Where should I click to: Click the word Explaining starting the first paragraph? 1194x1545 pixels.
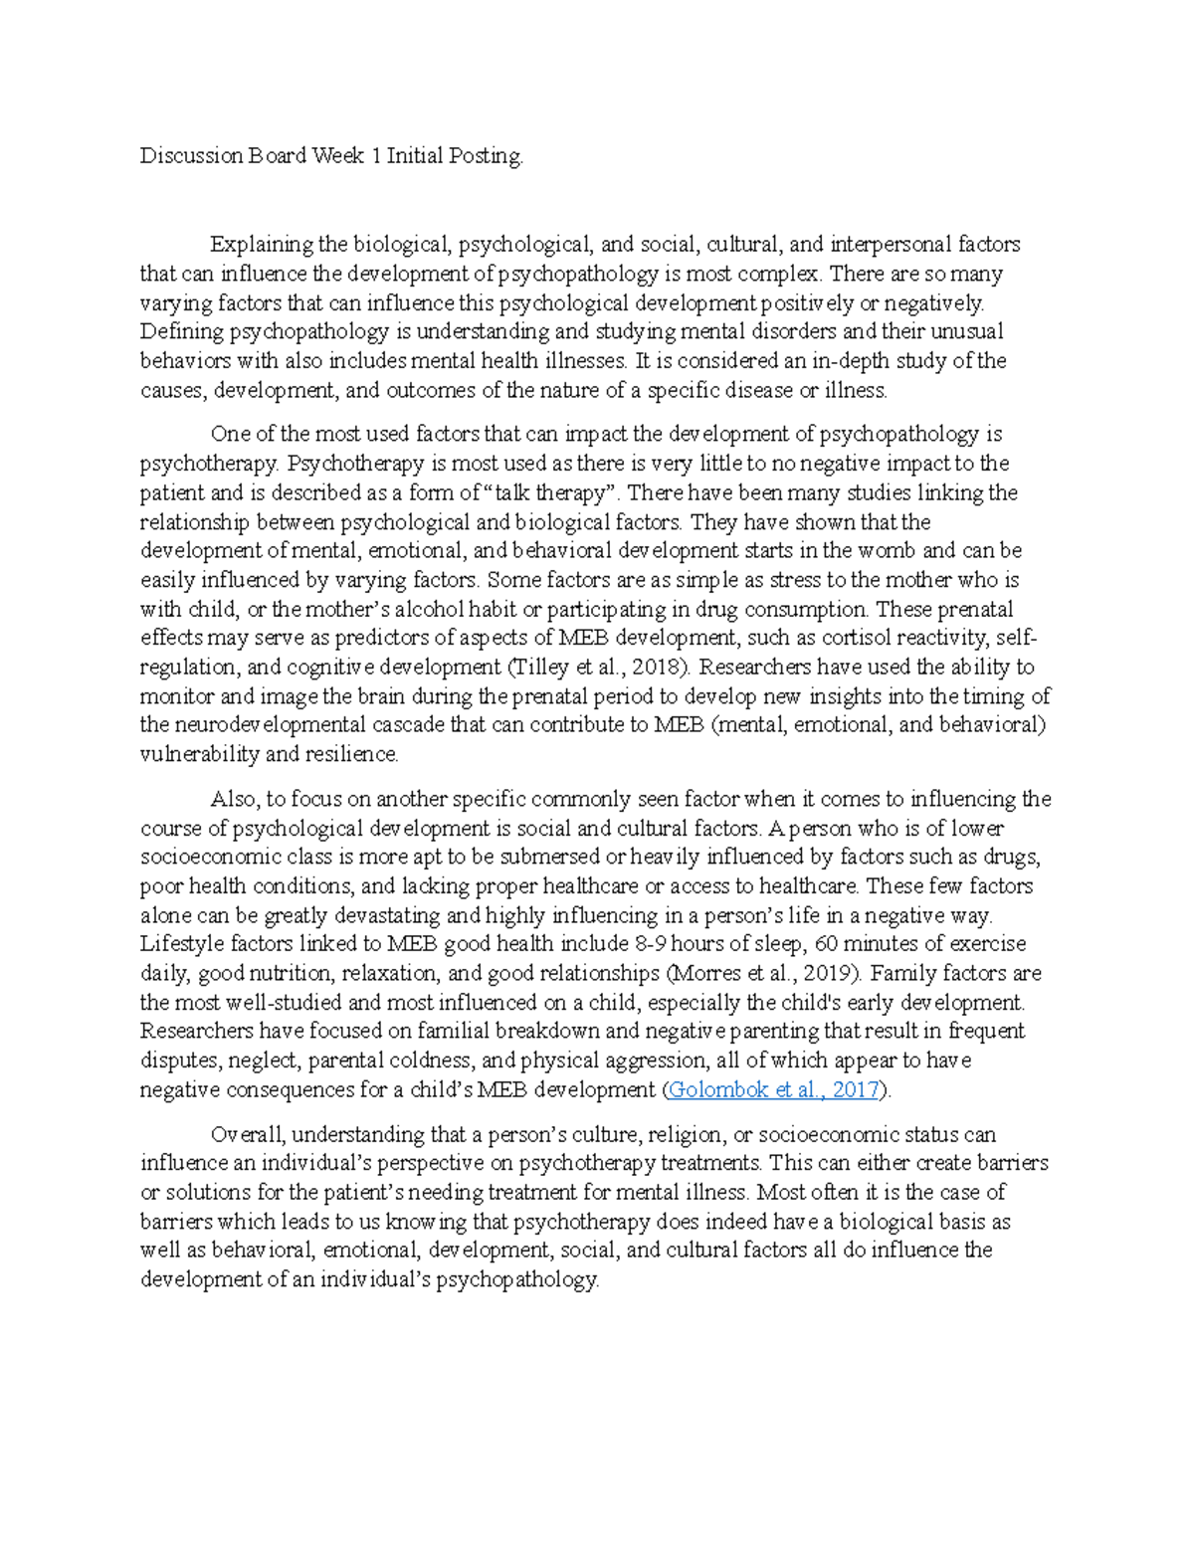pyautogui.click(x=262, y=244)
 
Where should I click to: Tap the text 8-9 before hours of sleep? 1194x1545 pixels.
pyautogui.click(x=650, y=944)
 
